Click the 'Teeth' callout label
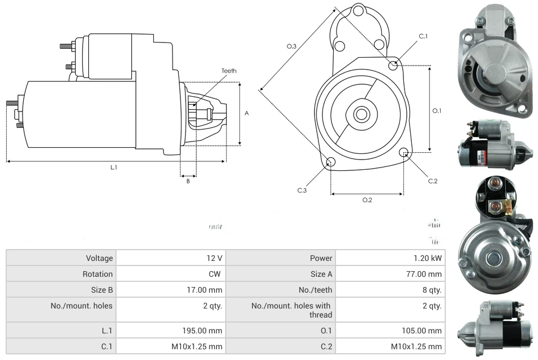pyautogui.click(x=229, y=71)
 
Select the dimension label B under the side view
pyautogui.click(x=188, y=181)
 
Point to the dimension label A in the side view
pyautogui.click(x=247, y=113)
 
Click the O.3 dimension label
pyautogui.click(x=292, y=46)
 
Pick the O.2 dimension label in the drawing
pyautogui.click(x=367, y=200)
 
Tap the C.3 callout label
pyautogui.click(x=302, y=190)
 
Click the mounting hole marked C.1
pyautogui.click(x=393, y=66)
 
